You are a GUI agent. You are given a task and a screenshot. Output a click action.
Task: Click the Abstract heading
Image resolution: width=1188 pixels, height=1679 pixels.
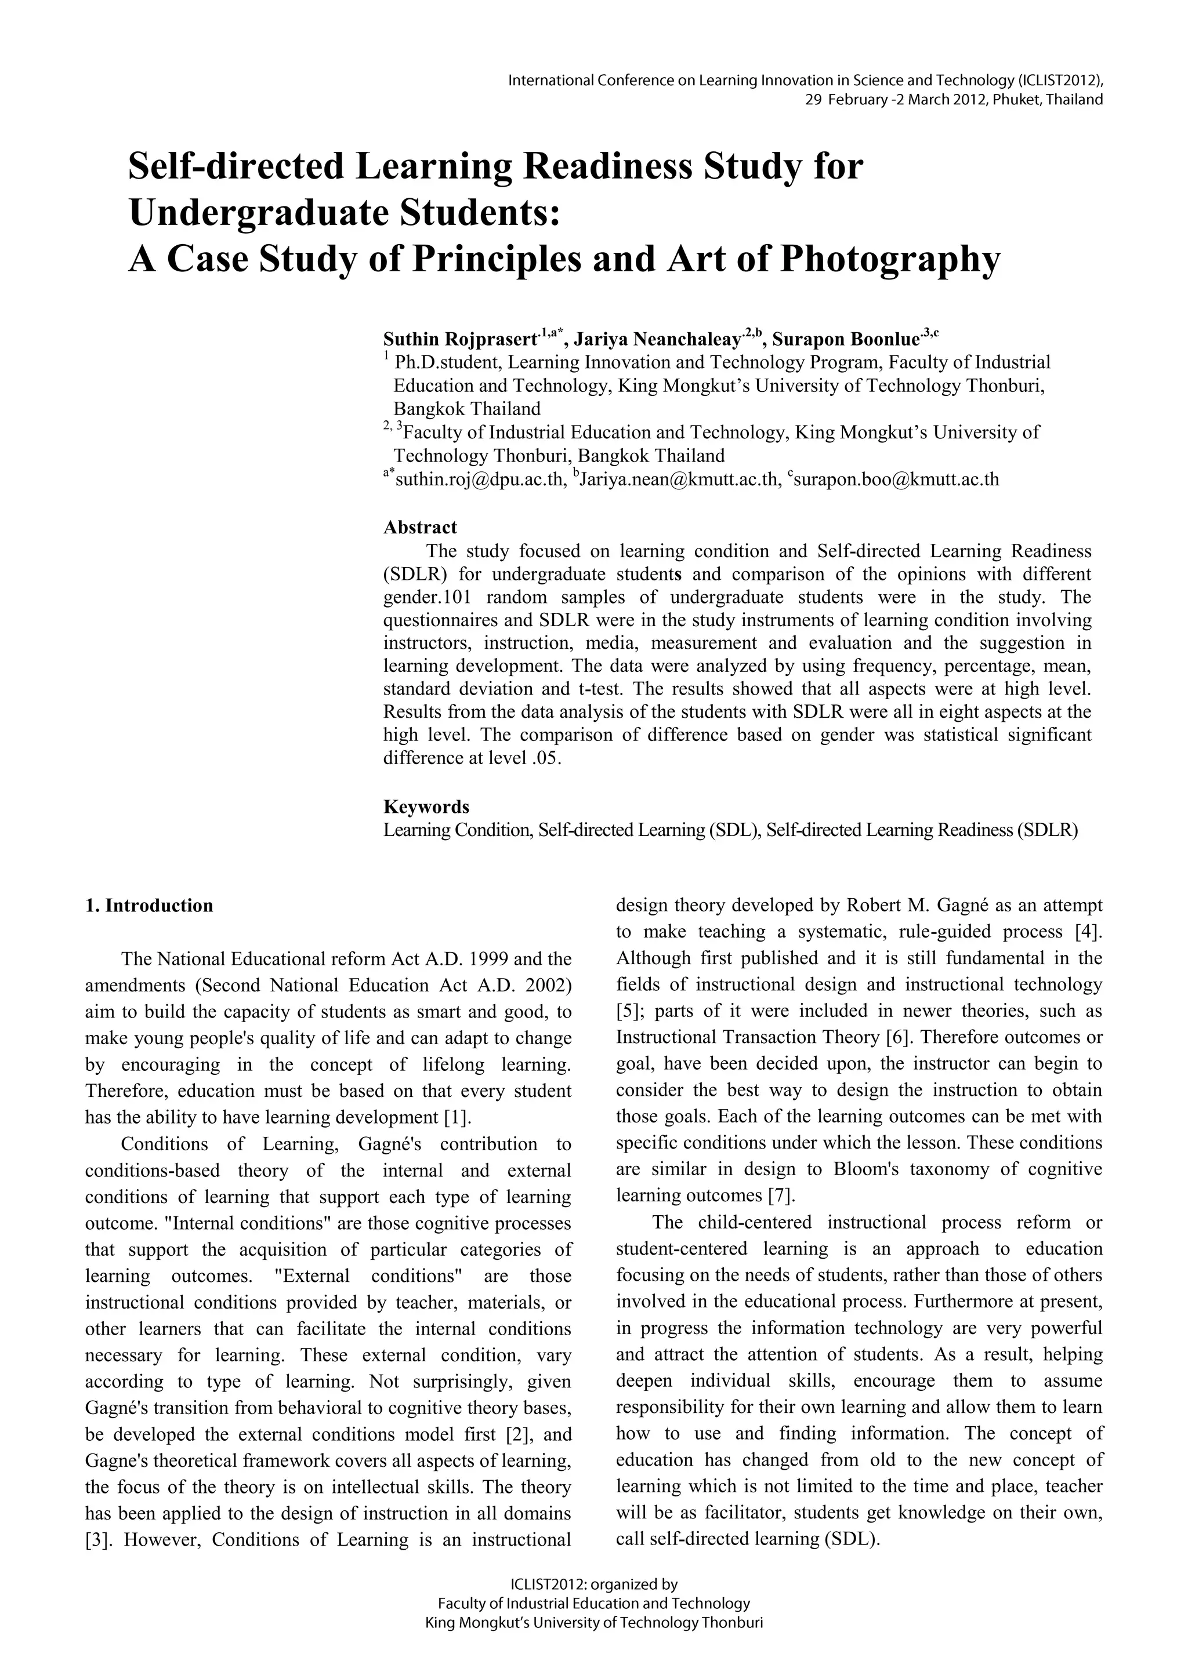pos(420,527)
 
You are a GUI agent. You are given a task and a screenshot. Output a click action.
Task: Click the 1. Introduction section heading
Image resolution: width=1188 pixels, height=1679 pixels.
pos(149,906)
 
